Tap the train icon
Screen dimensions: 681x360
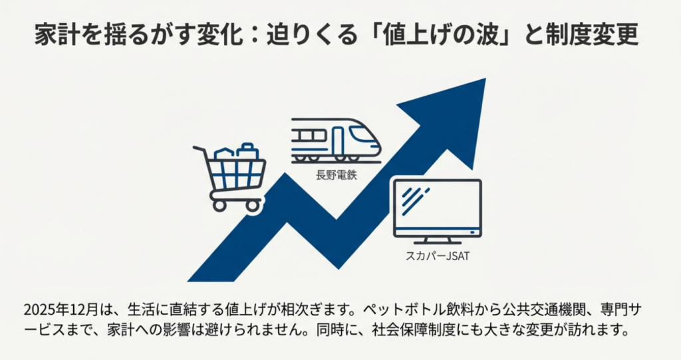(336, 140)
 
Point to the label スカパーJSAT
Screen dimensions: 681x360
(438, 256)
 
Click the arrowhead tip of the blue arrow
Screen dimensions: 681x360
(485, 79)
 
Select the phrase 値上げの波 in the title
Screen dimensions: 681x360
(450, 35)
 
